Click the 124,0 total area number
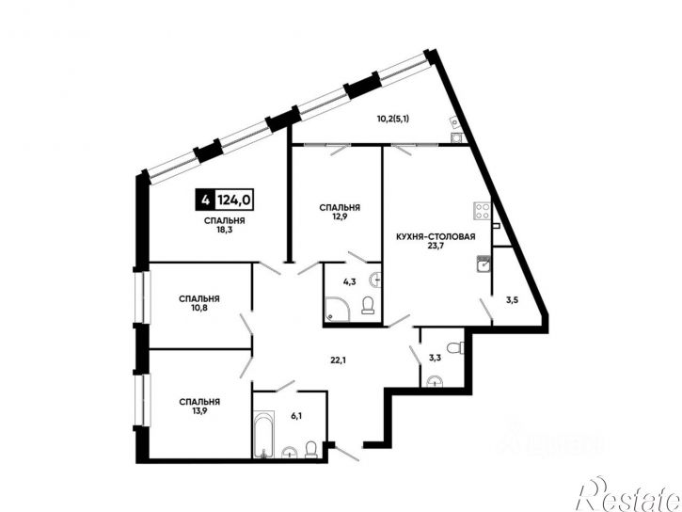tap(234, 200)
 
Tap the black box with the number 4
tap(204, 200)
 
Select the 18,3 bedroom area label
tap(225, 230)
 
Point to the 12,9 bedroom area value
tap(340, 216)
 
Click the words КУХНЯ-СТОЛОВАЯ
tap(436, 237)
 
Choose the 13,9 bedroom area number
tap(199, 410)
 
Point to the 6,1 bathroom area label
tap(296, 416)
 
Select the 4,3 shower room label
tap(350, 282)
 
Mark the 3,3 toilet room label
tap(435, 358)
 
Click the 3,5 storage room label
tap(512, 299)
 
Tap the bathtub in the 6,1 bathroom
tap(264, 434)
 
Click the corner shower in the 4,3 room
tap(338, 310)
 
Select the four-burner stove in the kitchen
tap(482, 211)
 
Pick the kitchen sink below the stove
tap(484, 264)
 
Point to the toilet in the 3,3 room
tap(455, 347)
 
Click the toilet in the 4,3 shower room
tap(368, 305)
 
